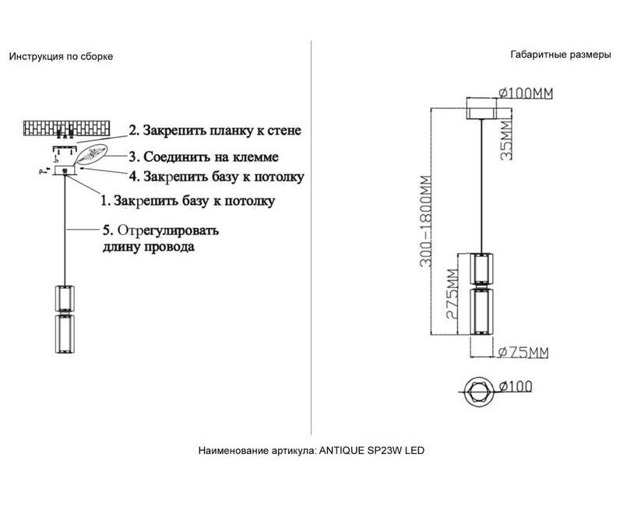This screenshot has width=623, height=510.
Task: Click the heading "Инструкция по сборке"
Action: [x=61, y=58]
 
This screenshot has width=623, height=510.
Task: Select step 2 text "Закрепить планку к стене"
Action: [x=214, y=129]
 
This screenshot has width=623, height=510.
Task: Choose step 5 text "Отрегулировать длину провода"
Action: [x=162, y=239]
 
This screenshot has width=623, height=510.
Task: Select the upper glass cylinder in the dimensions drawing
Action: [x=480, y=269]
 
